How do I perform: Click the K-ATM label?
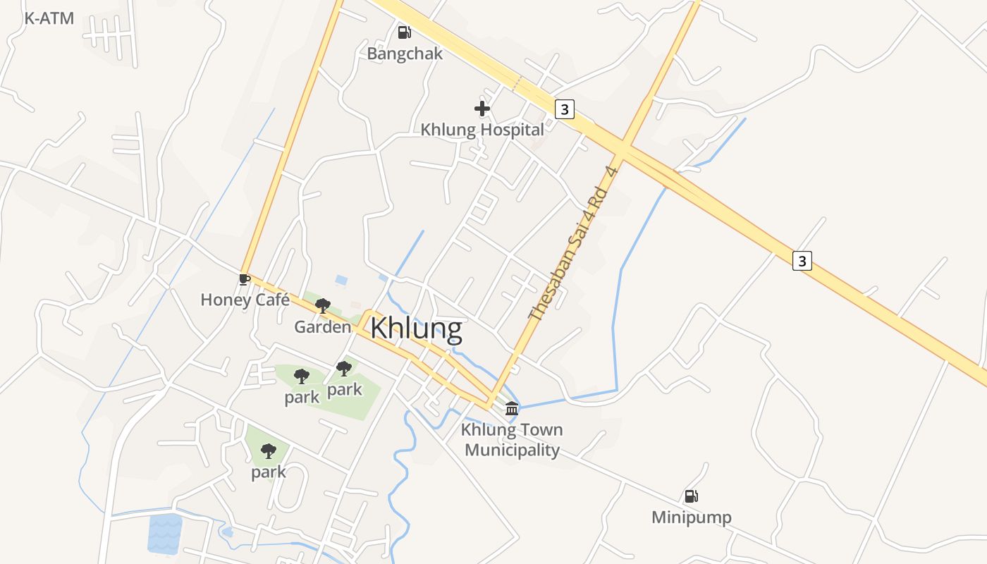pyautogui.click(x=49, y=18)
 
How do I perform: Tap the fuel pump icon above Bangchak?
pyautogui.click(x=404, y=32)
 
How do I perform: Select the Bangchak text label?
pyautogui.click(x=405, y=54)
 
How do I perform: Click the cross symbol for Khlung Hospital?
pyautogui.click(x=482, y=109)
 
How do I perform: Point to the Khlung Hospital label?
pyautogui.click(x=482, y=130)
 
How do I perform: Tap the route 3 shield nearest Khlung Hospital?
pyautogui.click(x=564, y=109)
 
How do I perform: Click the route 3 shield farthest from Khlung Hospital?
pyautogui.click(x=802, y=261)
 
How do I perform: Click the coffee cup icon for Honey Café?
pyautogui.click(x=245, y=280)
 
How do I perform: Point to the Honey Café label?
pyautogui.click(x=245, y=300)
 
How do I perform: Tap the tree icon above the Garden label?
pyautogui.click(x=323, y=306)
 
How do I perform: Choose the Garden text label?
pyautogui.click(x=322, y=327)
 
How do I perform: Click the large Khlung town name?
pyautogui.click(x=416, y=329)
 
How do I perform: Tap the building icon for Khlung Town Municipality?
pyautogui.click(x=512, y=408)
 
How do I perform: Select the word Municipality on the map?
pyautogui.click(x=513, y=450)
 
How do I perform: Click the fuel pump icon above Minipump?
pyautogui.click(x=691, y=496)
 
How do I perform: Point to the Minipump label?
pyautogui.click(x=691, y=517)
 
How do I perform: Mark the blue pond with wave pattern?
pyautogui.click(x=165, y=533)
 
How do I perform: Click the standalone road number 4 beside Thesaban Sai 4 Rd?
pyautogui.click(x=612, y=171)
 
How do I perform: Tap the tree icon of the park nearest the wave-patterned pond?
pyautogui.click(x=269, y=451)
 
